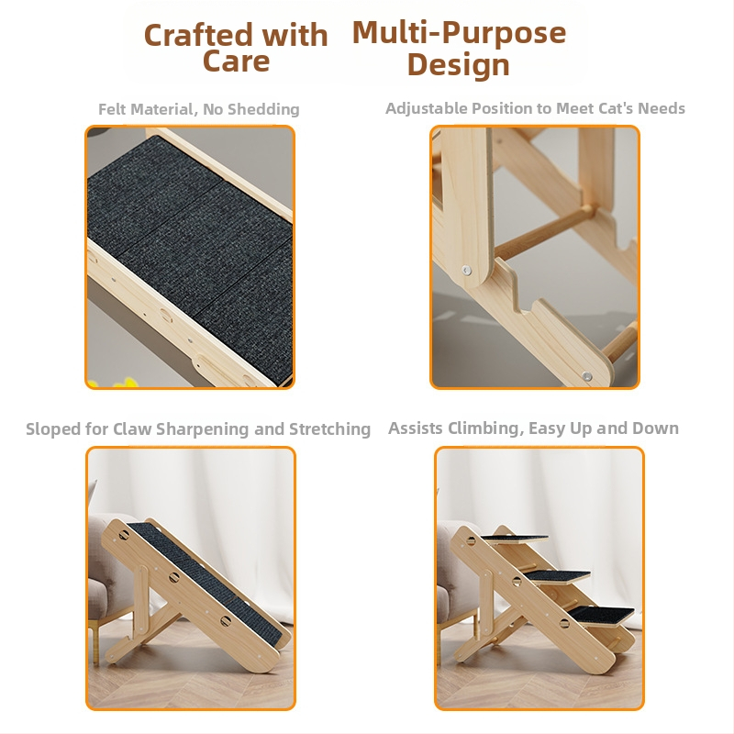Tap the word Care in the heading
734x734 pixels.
pos(237,61)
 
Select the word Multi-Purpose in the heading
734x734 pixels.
pos(459,33)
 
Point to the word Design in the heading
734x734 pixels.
pos(458,64)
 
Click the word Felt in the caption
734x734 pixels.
pos(110,109)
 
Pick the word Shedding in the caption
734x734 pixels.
pos(263,109)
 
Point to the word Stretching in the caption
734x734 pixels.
pos(329,428)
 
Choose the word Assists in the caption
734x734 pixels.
pos(416,428)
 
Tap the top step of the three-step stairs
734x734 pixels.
pos(514,539)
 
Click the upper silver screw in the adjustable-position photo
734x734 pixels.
pos(466,270)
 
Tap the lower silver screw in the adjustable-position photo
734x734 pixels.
pos(586,376)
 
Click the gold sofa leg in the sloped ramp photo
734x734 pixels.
pos(96,636)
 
